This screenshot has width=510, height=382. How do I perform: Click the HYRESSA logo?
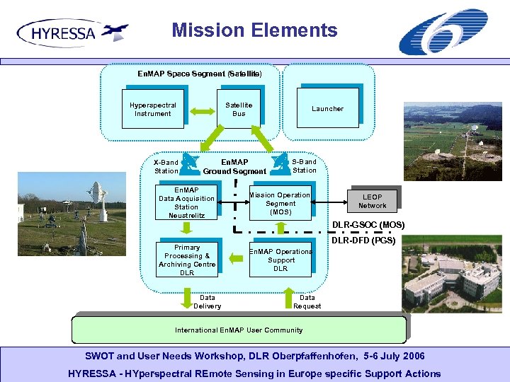[72, 33]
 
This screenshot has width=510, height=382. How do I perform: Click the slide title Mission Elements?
[254, 30]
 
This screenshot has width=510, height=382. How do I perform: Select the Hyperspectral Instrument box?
[153, 109]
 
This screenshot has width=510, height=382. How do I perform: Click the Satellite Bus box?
[239, 109]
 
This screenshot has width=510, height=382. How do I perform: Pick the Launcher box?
[327, 108]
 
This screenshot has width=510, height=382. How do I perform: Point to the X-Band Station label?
[166, 166]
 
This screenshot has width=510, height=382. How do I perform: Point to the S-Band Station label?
[305, 166]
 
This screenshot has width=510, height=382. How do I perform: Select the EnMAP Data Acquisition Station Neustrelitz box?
[186, 202]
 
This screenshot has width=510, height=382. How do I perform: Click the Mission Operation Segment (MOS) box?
[279, 203]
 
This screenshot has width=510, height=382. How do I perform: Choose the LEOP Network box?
[372, 201]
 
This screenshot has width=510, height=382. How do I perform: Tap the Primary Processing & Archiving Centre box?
[187, 260]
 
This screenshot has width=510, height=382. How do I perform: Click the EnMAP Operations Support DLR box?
[280, 260]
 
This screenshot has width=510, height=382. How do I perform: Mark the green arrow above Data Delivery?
[188, 292]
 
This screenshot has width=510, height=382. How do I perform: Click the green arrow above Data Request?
[289, 293]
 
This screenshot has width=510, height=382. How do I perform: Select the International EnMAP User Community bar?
[239, 330]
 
